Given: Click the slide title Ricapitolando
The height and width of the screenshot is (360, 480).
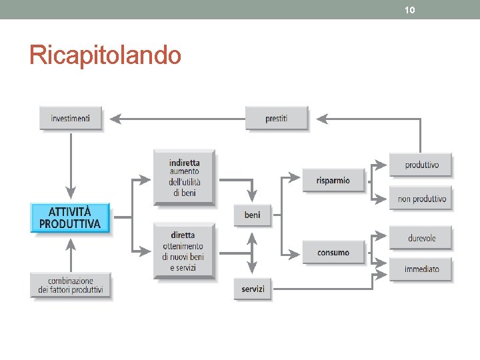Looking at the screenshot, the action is [x=105, y=55].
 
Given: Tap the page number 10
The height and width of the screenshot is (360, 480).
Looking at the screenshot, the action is [x=409, y=10].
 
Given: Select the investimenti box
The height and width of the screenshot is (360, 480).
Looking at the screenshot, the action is [x=70, y=118].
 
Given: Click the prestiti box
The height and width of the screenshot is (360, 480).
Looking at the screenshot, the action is [x=276, y=118].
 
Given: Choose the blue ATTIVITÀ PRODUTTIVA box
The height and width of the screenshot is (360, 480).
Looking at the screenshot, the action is [x=70, y=218].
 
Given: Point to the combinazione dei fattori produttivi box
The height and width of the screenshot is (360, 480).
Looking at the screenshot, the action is [x=70, y=285].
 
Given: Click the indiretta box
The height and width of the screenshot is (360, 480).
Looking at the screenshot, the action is [x=184, y=177].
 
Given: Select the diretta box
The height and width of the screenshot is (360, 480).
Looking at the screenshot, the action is [x=184, y=251].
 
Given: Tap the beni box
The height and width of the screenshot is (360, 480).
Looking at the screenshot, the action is [x=252, y=215].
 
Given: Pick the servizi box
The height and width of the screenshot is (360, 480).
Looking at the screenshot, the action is [x=253, y=289].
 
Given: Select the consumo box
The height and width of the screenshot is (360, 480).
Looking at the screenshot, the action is [x=333, y=253].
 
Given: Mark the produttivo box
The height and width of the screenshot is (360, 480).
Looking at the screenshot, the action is [x=421, y=165].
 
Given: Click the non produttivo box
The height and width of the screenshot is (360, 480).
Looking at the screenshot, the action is [x=421, y=199].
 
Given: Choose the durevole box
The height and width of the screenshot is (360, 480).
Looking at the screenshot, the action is [x=421, y=238].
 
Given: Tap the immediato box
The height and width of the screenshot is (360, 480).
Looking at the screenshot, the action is [x=421, y=269].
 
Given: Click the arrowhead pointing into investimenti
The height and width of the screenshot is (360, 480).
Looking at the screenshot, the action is [x=114, y=119].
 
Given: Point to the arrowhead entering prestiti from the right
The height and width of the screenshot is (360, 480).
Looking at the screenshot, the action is [x=321, y=119].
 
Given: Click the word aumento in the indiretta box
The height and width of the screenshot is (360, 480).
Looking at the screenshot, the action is [x=184, y=171].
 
